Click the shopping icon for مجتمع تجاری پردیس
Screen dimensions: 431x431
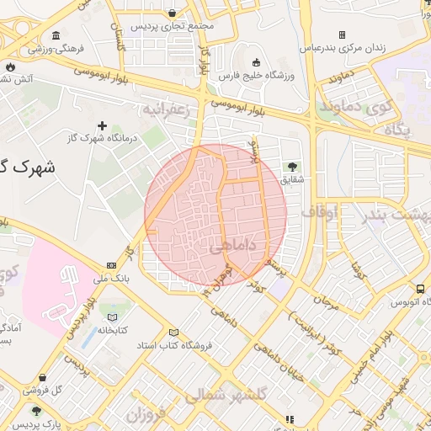[x=173, y=13]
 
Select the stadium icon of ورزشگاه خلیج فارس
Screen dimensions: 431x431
[x=256, y=62]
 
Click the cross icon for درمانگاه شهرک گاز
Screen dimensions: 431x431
[x=103, y=125]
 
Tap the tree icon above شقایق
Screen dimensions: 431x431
[x=292, y=166]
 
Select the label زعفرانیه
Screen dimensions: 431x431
[x=172, y=109]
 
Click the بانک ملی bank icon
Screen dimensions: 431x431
[x=112, y=265]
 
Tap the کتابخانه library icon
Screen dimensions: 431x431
[x=112, y=317]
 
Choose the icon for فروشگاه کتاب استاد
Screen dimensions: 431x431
[x=174, y=333]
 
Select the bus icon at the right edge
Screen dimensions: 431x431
[x=420, y=289]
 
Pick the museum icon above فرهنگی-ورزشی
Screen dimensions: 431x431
[x=56, y=35]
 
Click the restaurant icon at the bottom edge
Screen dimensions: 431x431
[x=290, y=418]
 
